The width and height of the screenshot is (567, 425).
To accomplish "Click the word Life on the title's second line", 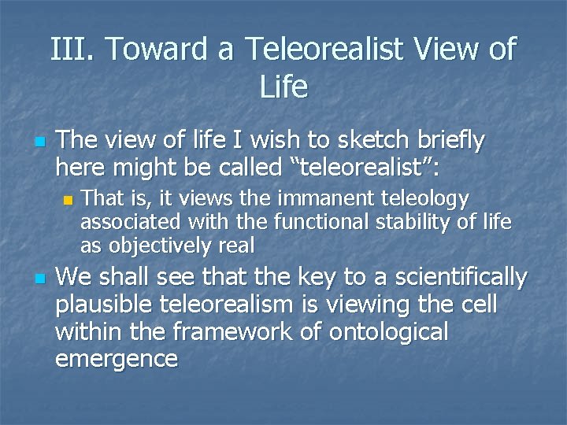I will [x=283, y=86].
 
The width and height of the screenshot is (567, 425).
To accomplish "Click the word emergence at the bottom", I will [x=117, y=360].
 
